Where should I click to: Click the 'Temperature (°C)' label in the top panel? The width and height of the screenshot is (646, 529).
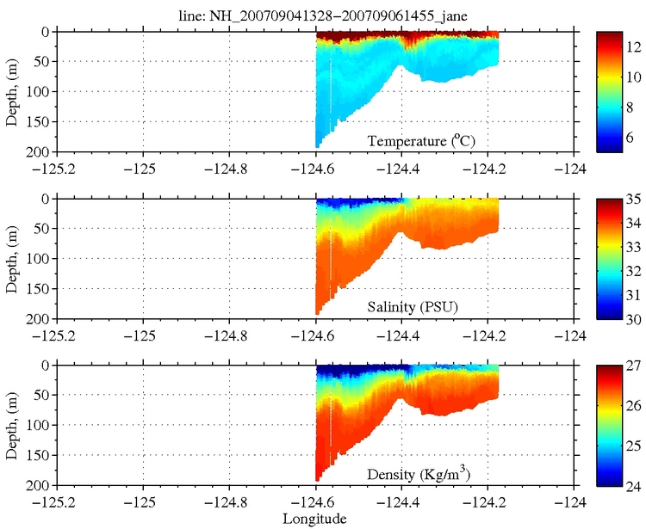click(422, 140)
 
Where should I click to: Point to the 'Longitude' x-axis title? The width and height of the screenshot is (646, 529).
click(315, 519)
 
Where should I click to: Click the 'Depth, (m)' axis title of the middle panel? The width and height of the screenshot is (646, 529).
click(12, 259)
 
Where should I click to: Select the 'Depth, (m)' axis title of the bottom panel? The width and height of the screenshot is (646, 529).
click(12, 425)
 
